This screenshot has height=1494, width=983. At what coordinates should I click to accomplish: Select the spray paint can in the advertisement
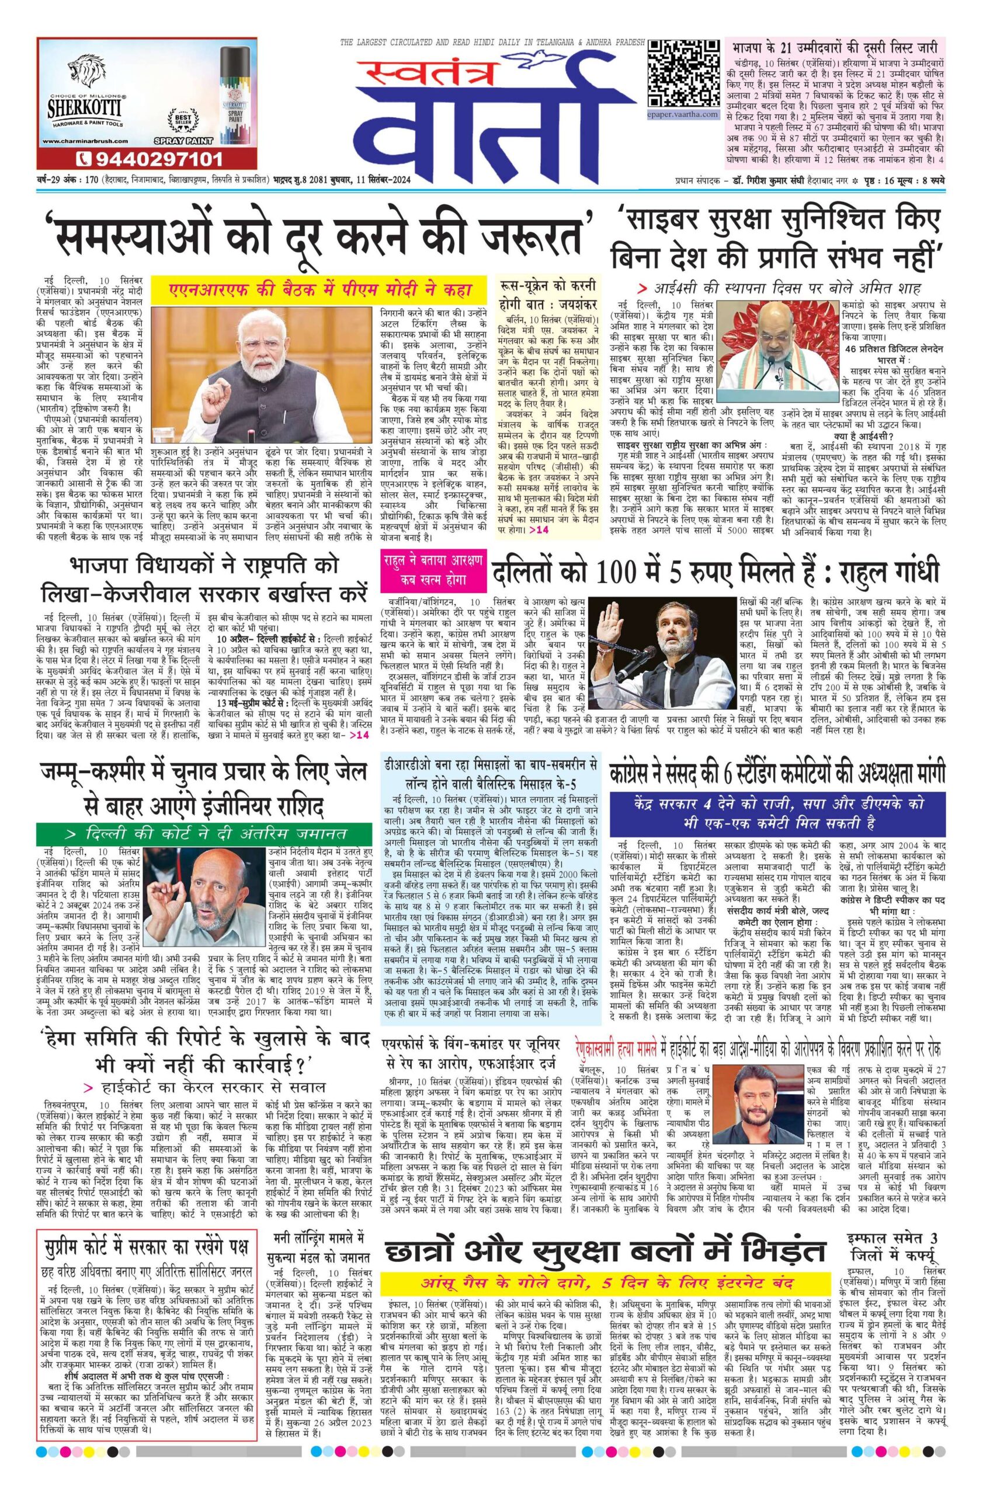[230, 91]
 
